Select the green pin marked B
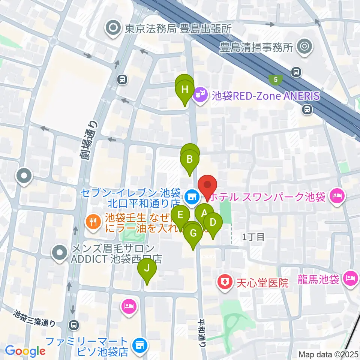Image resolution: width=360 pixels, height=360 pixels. pos(190,159)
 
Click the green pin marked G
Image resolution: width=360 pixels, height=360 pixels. pos(193,233)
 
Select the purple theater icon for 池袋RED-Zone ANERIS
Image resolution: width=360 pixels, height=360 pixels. pos(199,96)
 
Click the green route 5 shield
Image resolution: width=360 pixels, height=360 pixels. pos(276,79)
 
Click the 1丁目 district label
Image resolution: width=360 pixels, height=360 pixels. pos(253,237)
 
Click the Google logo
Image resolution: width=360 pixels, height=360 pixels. pos(25,351)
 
